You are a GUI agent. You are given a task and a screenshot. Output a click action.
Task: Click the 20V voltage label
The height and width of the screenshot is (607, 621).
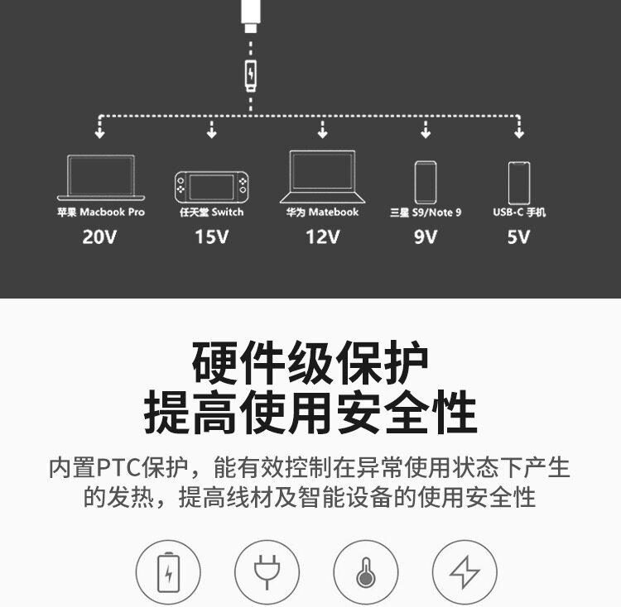coord(101,237)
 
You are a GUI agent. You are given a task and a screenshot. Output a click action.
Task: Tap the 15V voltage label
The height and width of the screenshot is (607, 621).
coord(211,237)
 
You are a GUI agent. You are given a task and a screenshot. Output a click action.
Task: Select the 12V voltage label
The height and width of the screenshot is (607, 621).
coord(322,237)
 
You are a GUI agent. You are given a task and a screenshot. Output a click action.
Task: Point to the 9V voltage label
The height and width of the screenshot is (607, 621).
coord(425,237)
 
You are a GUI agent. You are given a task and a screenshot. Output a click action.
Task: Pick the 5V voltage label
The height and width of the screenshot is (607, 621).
coord(518,237)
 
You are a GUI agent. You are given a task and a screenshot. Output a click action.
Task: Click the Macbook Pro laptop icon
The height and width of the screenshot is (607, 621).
coord(101,178)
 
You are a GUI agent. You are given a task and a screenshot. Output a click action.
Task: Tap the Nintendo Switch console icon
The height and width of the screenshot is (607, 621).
coord(211,186)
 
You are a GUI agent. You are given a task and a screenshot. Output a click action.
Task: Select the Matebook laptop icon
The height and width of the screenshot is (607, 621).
coord(322,176)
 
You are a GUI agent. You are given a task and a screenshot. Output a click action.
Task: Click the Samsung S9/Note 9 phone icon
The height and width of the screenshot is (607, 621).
coord(425,181)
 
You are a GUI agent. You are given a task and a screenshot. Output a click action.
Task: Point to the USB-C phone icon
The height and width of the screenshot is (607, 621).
coord(519,181)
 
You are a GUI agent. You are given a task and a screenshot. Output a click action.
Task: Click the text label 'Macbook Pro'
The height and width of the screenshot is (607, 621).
coord(112,213)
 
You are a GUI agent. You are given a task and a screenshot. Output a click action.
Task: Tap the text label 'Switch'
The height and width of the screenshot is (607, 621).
coord(227,213)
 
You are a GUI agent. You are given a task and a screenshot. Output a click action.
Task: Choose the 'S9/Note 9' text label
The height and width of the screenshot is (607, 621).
coord(436,213)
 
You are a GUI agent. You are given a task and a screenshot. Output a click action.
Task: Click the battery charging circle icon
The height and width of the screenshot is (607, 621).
coord(168,571)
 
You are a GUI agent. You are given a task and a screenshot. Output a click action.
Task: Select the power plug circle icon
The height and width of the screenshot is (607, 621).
coord(267,571)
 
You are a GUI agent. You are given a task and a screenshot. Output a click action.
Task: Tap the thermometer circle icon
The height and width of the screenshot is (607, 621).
coord(365,571)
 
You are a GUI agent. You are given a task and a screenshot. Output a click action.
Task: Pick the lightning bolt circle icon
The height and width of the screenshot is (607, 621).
coord(464,571)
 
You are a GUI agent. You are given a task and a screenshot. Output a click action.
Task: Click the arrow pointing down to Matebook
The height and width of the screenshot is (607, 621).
coord(322,130)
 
